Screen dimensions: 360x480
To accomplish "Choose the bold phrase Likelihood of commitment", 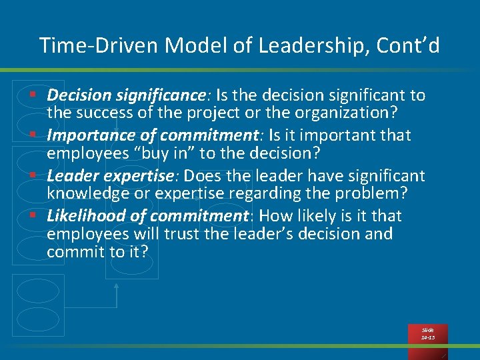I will [147, 216].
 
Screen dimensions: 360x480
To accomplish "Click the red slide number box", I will [427, 334].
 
